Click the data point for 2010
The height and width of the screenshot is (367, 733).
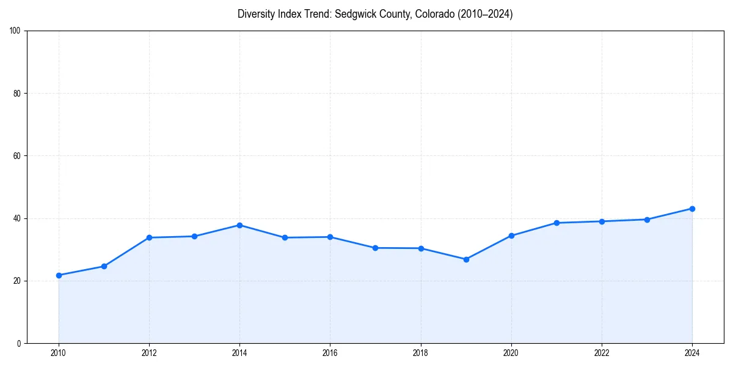(x=59, y=275)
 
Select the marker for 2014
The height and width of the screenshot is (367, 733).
(x=239, y=225)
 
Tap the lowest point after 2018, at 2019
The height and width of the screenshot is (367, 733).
(x=466, y=259)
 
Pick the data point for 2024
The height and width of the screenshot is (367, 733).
(x=692, y=209)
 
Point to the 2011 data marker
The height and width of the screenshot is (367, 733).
(x=104, y=266)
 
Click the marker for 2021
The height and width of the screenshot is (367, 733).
(x=556, y=223)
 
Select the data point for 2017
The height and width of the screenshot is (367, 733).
(x=375, y=248)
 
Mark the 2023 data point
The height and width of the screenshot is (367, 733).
(x=647, y=220)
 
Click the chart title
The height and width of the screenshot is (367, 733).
(x=375, y=14)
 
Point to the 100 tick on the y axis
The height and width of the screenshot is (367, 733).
(x=16, y=31)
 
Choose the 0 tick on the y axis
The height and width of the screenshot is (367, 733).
(x=20, y=343)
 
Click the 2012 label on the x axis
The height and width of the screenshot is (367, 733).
(x=149, y=352)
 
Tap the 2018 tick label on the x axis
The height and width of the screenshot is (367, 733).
(x=420, y=352)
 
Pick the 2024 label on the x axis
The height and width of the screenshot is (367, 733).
(x=692, y=352)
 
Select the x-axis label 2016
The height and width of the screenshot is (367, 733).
(x=330, y=352)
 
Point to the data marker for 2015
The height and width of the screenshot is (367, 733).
(x=285, y=237)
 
